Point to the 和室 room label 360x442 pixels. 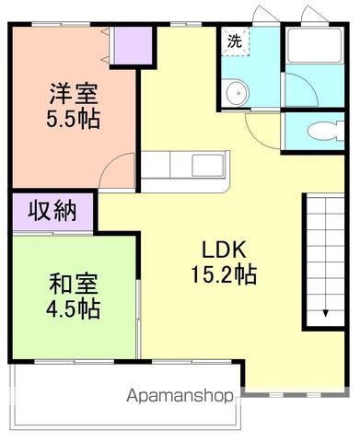tap(73, 284)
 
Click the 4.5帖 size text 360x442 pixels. tap(74, 308)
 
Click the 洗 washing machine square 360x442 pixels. tap(235, 41)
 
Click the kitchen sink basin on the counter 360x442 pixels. tap(203, 167)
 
